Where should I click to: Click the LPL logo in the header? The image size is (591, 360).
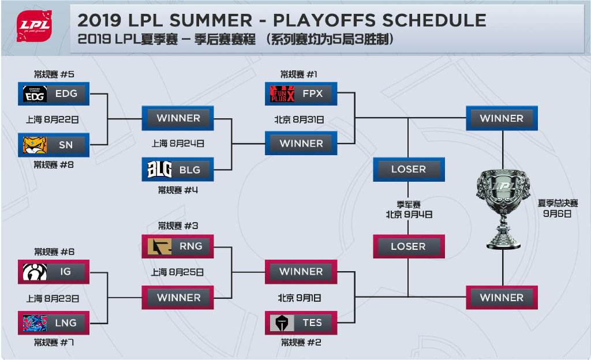pos(34,25)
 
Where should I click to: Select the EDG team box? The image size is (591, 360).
pos(54,94)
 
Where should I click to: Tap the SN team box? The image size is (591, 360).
pos(54,145)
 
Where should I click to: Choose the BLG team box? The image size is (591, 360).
pos(178,170)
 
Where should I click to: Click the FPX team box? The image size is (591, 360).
pos(301,93)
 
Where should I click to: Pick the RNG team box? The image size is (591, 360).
pos(178,246)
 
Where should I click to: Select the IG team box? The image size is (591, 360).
pos(54,272)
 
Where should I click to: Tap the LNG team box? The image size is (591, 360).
pos(54,322)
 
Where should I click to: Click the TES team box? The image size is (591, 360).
pos(301,322)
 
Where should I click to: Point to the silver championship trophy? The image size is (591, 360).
pos(503,208)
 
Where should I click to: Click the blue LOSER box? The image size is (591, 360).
pos(409,170)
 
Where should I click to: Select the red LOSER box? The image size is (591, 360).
pos(409,246)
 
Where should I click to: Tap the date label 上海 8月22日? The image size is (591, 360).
pos(53,120)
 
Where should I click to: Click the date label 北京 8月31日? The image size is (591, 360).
pos(299,120)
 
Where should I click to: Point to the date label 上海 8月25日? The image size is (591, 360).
pos(177,272)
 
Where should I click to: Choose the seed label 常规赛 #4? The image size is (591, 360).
pos(178,190)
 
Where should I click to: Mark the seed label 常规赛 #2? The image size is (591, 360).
pos(301,342)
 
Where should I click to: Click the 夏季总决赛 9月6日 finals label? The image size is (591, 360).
pos(558,208)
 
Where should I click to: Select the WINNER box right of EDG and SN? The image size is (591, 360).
pos(178,118)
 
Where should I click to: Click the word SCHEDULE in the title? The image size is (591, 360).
pos(434,20)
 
